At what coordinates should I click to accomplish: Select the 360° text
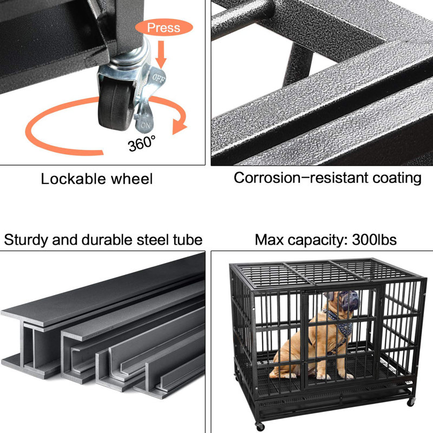142,143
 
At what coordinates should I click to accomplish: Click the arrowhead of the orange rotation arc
179,127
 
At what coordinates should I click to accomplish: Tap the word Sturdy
25,240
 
